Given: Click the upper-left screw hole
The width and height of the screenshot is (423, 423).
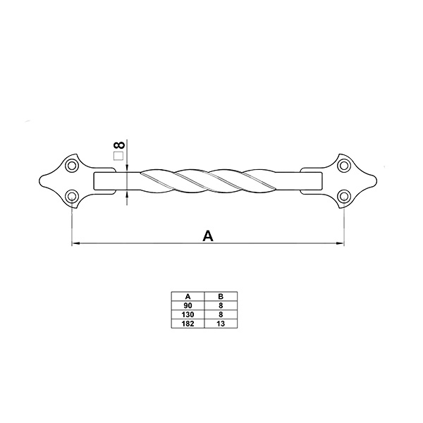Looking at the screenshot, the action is click(72, 166).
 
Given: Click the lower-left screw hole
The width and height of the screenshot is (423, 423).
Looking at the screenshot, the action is click(72, 195).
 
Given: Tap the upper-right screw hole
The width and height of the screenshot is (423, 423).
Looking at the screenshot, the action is click(344, 166).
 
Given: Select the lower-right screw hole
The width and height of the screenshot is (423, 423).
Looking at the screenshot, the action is click(344, 195).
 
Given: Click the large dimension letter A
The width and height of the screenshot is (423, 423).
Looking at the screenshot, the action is click(208, 235).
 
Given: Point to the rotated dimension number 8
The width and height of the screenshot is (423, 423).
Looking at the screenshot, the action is click(119, 145).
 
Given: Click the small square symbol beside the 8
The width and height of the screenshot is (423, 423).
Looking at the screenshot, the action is click(118, 156).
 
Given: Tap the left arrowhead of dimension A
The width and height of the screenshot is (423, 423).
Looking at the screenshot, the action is click(76, 243).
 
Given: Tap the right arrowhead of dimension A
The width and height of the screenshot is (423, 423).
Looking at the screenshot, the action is click(341, 243).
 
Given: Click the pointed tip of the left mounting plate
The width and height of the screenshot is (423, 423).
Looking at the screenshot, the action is click(39, 180).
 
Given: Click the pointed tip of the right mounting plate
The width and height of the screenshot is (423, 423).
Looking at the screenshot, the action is click(376, 180).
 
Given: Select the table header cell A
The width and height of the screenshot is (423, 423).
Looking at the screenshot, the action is click(188, 296).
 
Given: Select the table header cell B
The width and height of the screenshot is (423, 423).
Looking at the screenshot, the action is click(221, 296).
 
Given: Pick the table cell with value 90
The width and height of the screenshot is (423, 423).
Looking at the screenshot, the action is click(188, 305).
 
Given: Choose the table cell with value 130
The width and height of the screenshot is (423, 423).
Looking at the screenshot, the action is click(188, 314).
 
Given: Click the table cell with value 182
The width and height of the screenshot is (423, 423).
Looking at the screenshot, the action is click(188, 324).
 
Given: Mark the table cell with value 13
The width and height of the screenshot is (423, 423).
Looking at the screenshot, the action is click(221, 324).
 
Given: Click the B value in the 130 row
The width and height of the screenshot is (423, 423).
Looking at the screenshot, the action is click(221, 314).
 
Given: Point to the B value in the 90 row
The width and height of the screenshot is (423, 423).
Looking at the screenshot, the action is click(221, 305).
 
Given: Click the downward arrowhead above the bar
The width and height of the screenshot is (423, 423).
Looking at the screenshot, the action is click(127, 168).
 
